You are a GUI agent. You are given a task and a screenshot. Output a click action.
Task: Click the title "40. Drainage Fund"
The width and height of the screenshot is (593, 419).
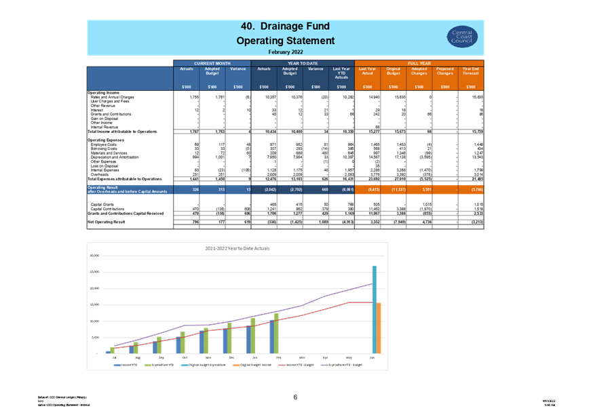point(285,26)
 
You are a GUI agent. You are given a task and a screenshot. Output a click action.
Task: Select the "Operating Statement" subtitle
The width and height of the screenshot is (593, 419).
point(285,41)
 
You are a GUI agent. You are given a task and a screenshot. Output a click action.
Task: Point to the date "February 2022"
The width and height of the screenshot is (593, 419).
point(285,52)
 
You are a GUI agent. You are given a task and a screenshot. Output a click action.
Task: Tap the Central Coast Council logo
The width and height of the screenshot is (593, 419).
point(463,37)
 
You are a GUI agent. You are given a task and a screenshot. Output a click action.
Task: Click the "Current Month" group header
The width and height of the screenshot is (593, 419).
point(212,62)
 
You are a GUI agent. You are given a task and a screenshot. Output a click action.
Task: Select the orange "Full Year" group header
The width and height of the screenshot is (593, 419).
point(419,62)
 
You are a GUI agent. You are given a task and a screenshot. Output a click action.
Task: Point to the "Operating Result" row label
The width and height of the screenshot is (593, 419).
point(129,189)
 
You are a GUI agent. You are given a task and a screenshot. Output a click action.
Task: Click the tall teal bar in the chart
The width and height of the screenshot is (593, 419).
point(374,309)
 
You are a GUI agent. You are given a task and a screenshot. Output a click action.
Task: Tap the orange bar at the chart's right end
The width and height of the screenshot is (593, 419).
point(379,328)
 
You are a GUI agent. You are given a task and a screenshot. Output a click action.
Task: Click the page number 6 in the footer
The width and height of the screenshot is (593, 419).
point(296,398)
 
